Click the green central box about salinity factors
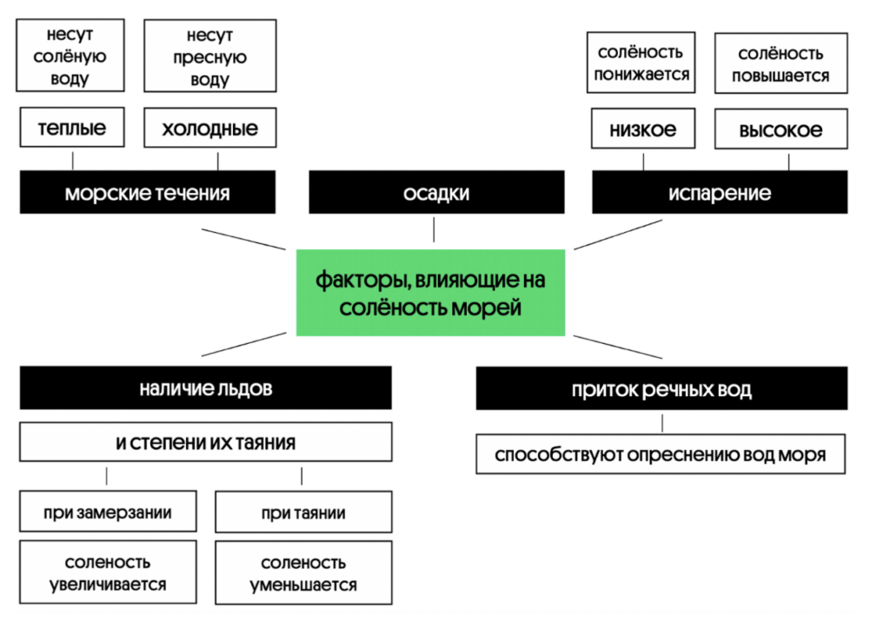pos(430,293)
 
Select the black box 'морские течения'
pos(147,192)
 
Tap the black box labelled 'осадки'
pos(435,192)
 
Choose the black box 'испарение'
pos(720,192)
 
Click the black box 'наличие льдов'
pos(205,388)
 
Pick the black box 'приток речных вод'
pos(661,388)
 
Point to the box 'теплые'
pos(72,128)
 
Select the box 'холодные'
pos(209,128)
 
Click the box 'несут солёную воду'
pos(71,56)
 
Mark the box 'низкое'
pos(643,129)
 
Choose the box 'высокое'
pos(780,129)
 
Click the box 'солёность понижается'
pos(642,63)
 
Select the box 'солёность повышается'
pos(780,63)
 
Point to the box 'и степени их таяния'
pos(205,441)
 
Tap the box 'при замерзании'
pos(107,512)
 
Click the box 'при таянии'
pos(302,512)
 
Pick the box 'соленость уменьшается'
pos(302,573)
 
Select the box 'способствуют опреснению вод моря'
pos(661,454)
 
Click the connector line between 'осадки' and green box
pos(435,229)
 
